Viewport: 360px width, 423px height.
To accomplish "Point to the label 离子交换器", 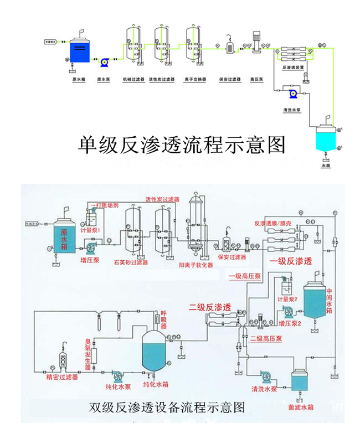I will (x=195, y=79).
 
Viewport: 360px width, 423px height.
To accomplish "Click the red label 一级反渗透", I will (x=291, y=261).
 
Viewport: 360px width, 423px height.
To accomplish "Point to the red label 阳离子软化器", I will (x=196, y=265).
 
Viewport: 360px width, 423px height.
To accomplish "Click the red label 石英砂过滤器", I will (x=131, y=262).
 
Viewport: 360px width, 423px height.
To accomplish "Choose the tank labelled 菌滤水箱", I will (x=301, y=381).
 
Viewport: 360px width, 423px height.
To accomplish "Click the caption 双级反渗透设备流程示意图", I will (x=167, y=407).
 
